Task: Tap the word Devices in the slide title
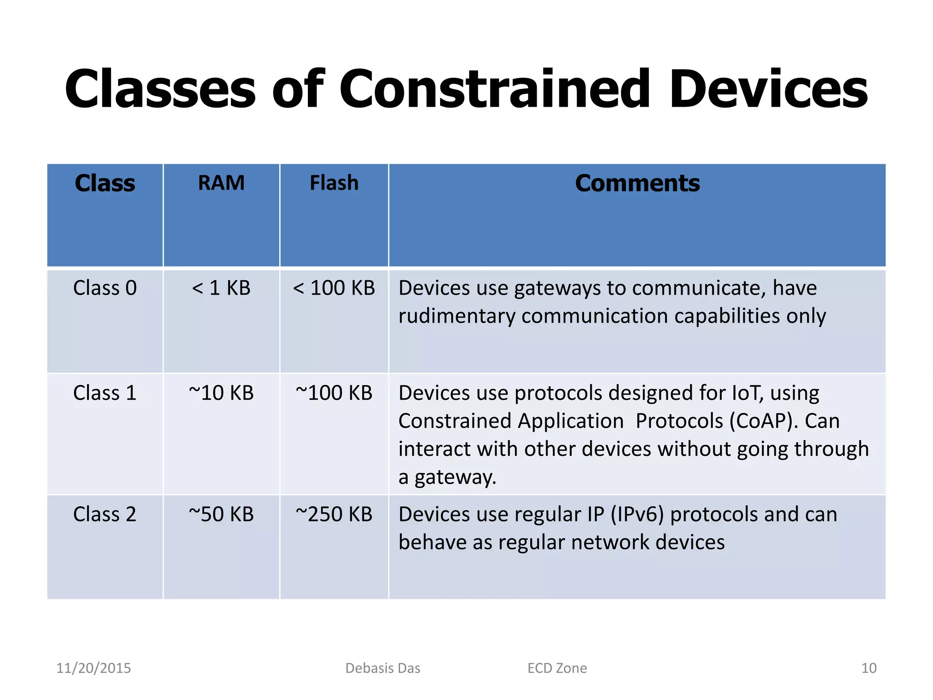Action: (768, 89)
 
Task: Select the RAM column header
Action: (221, 183)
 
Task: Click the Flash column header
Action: (334, 183)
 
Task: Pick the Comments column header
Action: (637, 183)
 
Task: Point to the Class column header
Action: (105, 183)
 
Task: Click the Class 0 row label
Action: (105, 288)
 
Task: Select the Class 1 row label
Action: (105, 393)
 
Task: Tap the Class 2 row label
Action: (105, 514)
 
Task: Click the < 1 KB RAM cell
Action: (221, 288)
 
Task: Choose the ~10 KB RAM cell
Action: (221, 393)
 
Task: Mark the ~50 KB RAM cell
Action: (221, 514)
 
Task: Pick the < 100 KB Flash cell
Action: (334, 288)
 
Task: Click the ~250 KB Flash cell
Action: (334, 514)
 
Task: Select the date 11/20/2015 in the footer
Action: (93, 668)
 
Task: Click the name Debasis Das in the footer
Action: (383, 668)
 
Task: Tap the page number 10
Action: (869, 668)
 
